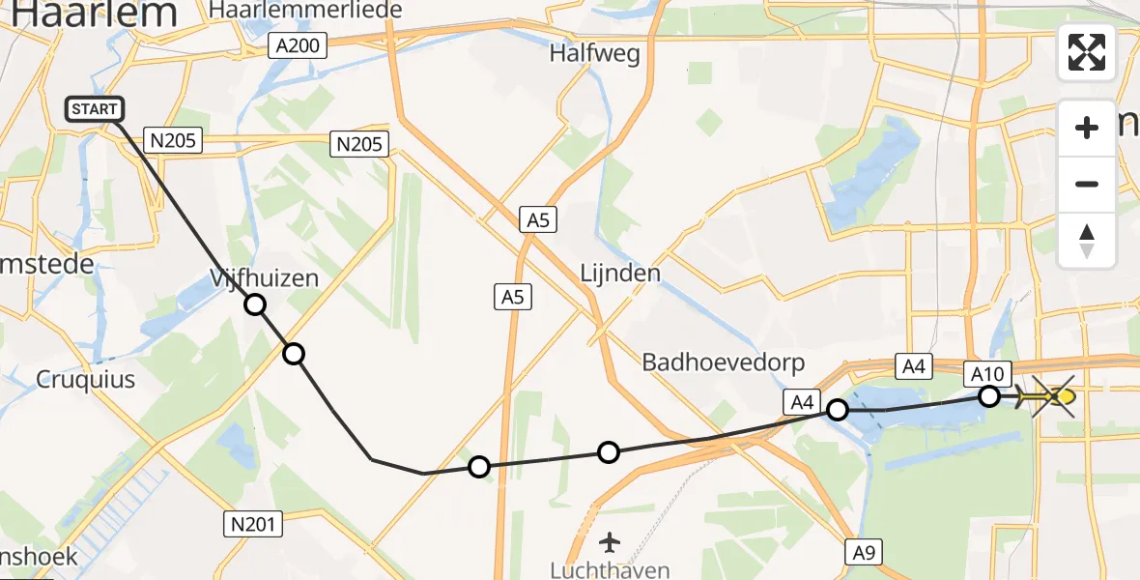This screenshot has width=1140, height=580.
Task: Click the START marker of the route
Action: coord(95,110)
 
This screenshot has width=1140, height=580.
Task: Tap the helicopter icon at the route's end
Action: coord(1050,396)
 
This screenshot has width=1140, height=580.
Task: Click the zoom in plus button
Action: coord(1087,128)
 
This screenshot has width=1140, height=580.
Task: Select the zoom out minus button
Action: coord(1087,184)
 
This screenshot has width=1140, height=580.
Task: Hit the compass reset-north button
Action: coord(1087,241)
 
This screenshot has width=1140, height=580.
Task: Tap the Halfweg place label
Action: coord(594,54)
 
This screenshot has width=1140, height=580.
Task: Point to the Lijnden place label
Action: coord(620,274)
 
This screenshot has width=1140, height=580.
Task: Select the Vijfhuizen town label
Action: coord(264,279)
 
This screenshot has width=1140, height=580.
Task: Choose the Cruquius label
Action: coord(86,379)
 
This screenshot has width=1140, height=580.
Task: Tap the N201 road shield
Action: coord(253,525)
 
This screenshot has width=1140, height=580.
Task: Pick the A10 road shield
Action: coord(989,373)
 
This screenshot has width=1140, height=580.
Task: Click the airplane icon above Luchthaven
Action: coord(610,539)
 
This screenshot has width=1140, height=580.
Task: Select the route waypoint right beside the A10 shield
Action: coord(989,395)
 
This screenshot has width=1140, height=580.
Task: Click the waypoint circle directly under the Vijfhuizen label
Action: coord(254,305)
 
